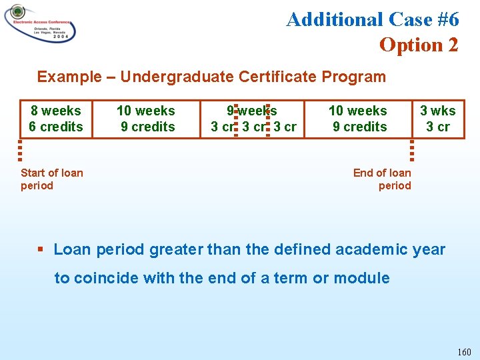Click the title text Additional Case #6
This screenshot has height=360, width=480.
point(372,19)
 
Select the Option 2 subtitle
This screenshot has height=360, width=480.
point(419,45)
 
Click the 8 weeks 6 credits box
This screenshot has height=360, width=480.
point(55,119)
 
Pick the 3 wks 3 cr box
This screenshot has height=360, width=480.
point(438,119)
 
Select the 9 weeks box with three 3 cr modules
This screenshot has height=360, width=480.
point(253,119)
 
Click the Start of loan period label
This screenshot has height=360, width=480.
point(51,179)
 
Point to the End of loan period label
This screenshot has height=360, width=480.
point(383,179)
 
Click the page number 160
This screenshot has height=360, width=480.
point(464,352)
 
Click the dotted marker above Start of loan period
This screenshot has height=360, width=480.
point(21,147)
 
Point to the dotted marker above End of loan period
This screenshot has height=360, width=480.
point(412,147)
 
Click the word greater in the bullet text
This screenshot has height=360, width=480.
point(176,249)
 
